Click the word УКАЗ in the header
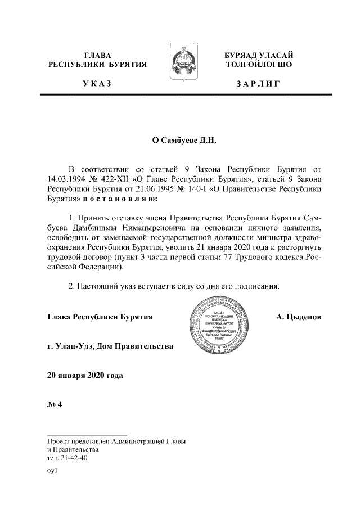[x=97, y=84]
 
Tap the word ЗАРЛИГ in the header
[x=258, y=84]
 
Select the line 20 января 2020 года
[x=85, y=375]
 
